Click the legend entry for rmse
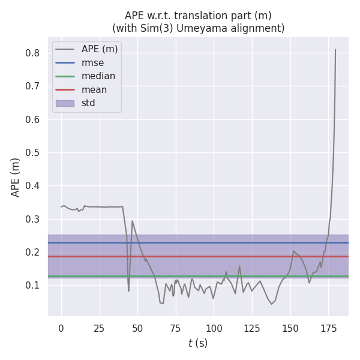click(x=92, y=63)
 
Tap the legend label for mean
click(x=94, y=90)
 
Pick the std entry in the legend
click(x=88, y=103)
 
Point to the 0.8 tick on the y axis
click(x=32, y=53)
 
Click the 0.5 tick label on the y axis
click(x=32, y=153)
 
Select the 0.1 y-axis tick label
click(x=32, y=286)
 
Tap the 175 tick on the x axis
click(x=328, y=328)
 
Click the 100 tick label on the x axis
click(x=214, y=328)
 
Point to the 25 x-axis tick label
click(x=99, y=328)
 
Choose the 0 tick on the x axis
click(x=61, y=328)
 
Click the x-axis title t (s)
click(x=198, y=343)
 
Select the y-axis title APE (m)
click(x=16, y=177)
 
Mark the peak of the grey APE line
click(x=335, y=49)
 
